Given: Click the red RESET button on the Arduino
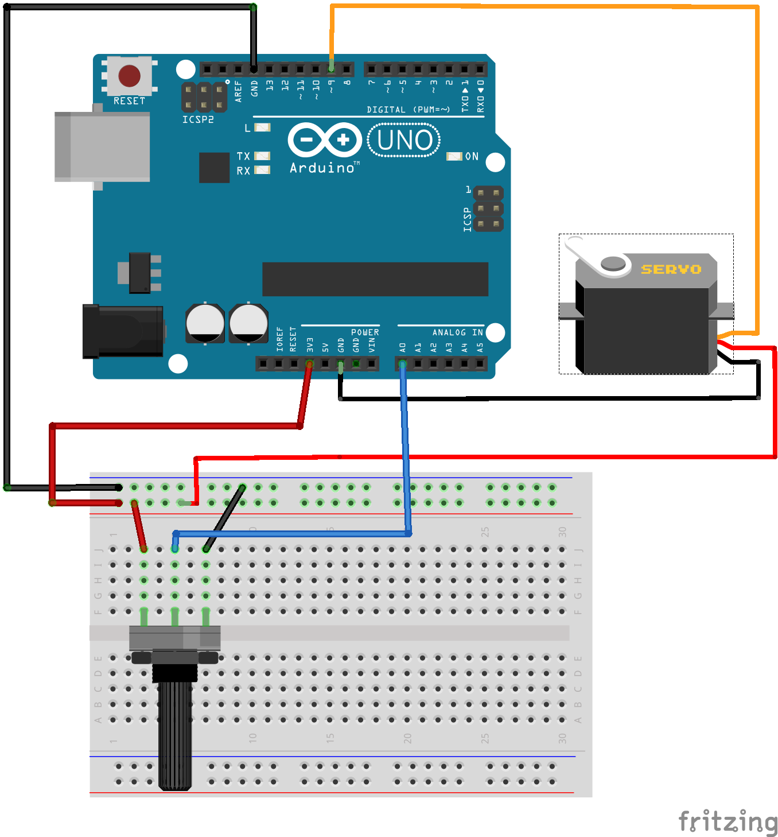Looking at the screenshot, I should [x=129, y=75].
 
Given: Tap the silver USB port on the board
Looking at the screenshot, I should [x=102, y=147].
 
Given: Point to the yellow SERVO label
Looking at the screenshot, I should [x=671, y=269].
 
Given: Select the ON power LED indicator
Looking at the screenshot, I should [x=454, y=156].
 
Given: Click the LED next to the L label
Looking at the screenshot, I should [x=262, y=127].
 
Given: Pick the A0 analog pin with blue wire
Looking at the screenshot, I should [x=402, y=363].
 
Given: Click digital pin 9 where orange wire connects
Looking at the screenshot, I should [x=331, y=69].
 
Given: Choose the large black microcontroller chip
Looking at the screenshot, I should [x=375, y=279].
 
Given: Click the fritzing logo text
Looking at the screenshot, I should [x=728, y=821].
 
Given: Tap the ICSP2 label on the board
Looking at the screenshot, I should [x=198, y=119].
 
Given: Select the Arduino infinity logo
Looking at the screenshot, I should [x=324, y=140].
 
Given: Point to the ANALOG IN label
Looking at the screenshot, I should [x=457, y=332].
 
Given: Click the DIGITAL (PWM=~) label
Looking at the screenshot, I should [x=408, y=110].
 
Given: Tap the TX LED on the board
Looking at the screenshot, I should [x=262, y=156].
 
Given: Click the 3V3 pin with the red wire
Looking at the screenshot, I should [x=309, y=363].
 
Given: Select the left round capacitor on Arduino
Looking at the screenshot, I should [x=205, y=323].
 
